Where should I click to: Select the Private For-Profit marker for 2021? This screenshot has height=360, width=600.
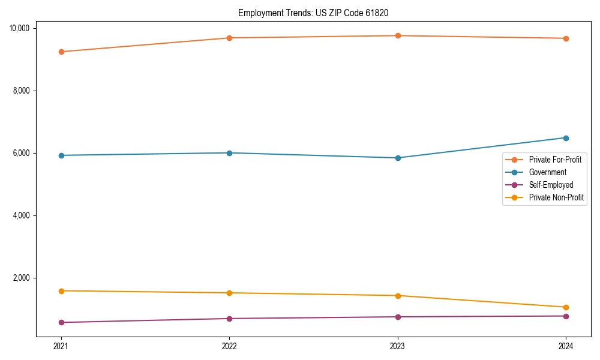click(61, 52)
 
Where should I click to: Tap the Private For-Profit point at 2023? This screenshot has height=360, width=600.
click(398, 35)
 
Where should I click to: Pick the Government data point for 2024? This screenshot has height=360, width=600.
click(566, 138)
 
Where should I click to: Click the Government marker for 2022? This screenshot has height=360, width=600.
click(229, 153)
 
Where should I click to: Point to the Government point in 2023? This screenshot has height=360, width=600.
click(398, 158)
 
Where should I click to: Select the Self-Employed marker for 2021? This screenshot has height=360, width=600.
click(61, 322)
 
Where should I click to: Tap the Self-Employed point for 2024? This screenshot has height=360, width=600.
click(566, 316)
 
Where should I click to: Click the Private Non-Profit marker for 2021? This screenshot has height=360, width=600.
click(61, 291)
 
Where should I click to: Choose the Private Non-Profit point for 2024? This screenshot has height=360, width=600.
click(566, 307)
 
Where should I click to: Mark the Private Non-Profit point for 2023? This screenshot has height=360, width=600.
click(398, 295)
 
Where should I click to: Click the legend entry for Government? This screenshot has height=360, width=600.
click(547, 172)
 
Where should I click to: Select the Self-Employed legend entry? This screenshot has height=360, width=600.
click(551, 185)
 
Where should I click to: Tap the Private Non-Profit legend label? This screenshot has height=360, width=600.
click(556, 197)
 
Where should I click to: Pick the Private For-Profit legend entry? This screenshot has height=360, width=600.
click(555, 160)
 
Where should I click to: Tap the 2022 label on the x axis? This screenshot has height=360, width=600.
click(229, 346)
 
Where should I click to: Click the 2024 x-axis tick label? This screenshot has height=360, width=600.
click(566, 346)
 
